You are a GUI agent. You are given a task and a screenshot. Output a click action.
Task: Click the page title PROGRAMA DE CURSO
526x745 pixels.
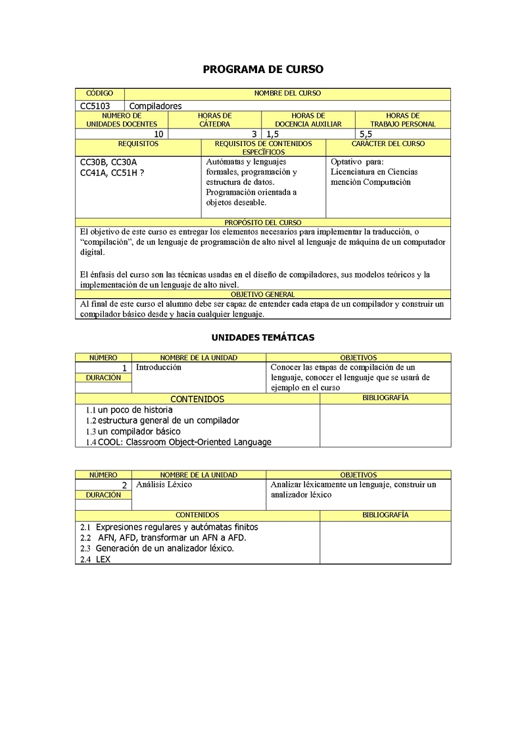(263, 69)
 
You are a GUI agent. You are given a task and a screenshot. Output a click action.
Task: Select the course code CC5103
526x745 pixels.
(95, 105)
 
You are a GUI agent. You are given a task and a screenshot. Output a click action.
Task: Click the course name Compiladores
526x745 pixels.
(155, 105)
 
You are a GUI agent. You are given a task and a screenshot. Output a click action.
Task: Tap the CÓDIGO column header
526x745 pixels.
(99, 93)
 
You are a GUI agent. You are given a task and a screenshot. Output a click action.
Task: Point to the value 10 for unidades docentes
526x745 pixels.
(158, 134)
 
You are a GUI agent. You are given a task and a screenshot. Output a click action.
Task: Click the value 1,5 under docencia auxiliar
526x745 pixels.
(272, 134)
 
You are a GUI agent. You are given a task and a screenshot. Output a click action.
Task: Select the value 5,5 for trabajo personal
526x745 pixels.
(366, 134)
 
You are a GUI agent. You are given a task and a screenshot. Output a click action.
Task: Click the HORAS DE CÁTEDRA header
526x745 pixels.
(215, 120)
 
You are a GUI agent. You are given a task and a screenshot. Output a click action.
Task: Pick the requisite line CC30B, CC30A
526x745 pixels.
(108, 162)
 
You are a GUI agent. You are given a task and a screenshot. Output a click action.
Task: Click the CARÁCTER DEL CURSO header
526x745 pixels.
(388, 143)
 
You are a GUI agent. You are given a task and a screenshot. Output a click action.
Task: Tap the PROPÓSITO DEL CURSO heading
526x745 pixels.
(263, 223)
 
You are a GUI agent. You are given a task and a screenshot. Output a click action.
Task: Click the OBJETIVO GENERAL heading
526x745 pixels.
(263, 295)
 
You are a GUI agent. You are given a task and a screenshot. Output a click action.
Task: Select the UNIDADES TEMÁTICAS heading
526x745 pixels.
(263, 338)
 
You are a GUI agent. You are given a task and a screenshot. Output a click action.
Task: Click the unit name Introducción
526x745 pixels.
(158, 367)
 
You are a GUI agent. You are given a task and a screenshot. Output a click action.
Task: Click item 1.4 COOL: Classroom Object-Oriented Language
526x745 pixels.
(179, 442)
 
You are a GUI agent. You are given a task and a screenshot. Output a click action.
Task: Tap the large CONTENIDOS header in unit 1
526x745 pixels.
(197, 399)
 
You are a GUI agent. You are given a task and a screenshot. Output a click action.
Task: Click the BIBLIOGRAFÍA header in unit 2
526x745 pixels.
(385, 515)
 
